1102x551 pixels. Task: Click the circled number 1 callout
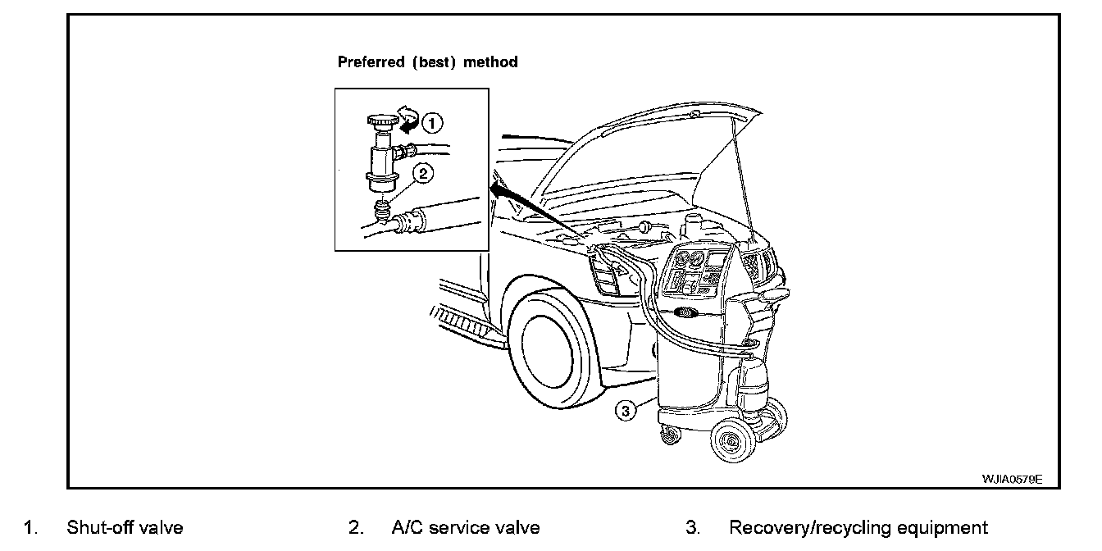click(432, 124)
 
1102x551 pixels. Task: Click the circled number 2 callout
click(423, 173)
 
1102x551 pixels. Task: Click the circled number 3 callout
click(626, 412)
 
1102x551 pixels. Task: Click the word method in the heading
click(491, 62)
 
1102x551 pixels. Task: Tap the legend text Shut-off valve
click(125, 528)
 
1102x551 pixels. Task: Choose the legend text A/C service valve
click(466, 528)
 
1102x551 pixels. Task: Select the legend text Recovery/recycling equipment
click(858, 528)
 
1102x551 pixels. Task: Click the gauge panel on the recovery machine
click(693, 270)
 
